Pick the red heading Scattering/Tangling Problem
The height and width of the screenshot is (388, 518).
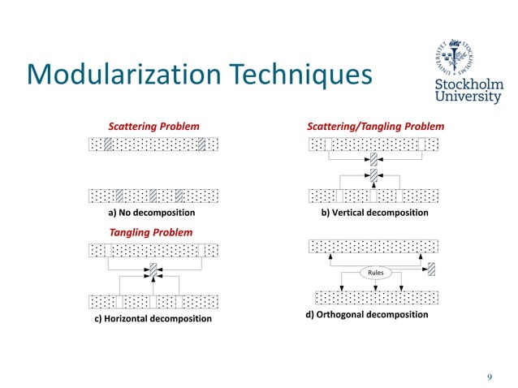375,127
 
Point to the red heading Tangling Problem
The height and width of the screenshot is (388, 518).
151,232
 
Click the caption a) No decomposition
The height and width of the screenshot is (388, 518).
152,213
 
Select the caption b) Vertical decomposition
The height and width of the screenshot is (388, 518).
375,213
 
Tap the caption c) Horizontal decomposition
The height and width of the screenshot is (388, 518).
153,319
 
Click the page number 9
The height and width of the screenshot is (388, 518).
490,376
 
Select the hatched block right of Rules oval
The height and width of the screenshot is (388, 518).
432,269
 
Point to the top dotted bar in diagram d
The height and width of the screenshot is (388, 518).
374,246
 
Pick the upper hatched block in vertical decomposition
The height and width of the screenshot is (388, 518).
373,159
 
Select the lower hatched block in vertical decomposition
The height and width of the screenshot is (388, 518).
373,175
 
